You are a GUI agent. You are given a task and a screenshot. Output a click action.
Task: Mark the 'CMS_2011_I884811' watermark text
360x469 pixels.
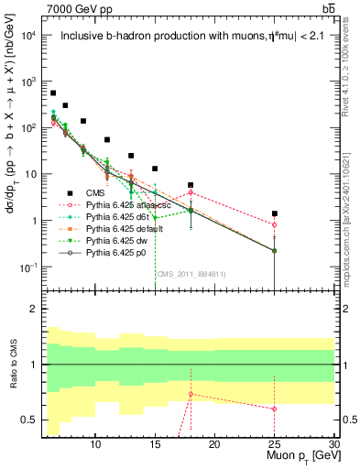[x=191, y=273]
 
